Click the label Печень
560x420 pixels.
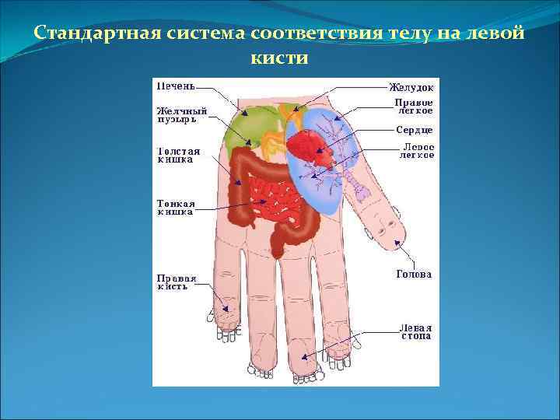pos(176,86)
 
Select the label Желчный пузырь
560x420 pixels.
pos(181,115)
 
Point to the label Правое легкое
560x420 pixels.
pos(414,107)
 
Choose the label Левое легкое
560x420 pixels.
pos(416,151)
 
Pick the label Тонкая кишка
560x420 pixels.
pos(177,207)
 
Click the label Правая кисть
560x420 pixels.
pos(177,282)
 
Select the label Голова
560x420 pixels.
pos(414,274)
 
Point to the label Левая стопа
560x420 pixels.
pos(416,331)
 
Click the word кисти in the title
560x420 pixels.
pos(280,58)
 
